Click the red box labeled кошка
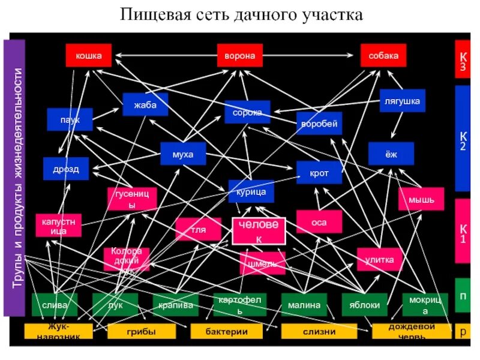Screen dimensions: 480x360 pyautogui.click(x=88, y=56)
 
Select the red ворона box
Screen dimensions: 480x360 pyautogui.click(x=239, y=56)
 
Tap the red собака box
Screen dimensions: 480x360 pyautogui.click(x=383, y=56)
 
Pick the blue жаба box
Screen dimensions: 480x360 pyautogui.click(x=145, y=105)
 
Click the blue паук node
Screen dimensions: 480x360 pyautogui.click(x=70, y=119)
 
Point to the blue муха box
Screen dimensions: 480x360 pyautogui.click(x=182, y=154)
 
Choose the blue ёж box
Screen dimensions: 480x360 pyautogui.click(x=391, y=154)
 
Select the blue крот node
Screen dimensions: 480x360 pyautogui.click(x=319, y=173)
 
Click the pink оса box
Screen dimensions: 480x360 pyautogui.click(x=319, y=221)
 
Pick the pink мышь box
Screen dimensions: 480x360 pyautogui.click(x=421, y=199)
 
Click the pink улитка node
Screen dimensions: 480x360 pyautogui.click(x=379, y=260)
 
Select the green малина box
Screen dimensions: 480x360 pyautogui.click(x=304, y=305)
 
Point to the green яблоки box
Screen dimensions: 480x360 pyautogui.click(x=364, y=305)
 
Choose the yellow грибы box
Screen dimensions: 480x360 pyautogui.click(x=142, y=331)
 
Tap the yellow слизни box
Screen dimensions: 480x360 pyautogui.click(x=314, y=331)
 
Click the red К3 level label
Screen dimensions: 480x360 pyautogui.click(x=463, y=60)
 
